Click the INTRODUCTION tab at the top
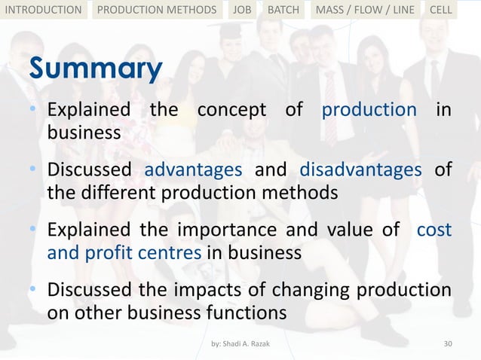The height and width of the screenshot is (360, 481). pos(43,10)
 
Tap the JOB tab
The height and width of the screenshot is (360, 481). pos(243,10)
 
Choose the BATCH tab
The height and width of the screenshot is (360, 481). pos(283,10)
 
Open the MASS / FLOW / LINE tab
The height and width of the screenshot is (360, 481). pos(365,10)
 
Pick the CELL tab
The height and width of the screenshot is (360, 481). pos(441,10)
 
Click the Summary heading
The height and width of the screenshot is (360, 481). pos(95,69)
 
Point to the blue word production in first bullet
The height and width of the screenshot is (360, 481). pos(369,110)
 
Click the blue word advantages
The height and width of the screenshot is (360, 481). pos(193,169)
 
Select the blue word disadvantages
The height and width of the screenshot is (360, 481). pos(360,169)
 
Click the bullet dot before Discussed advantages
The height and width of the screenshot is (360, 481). pos(35,169)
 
